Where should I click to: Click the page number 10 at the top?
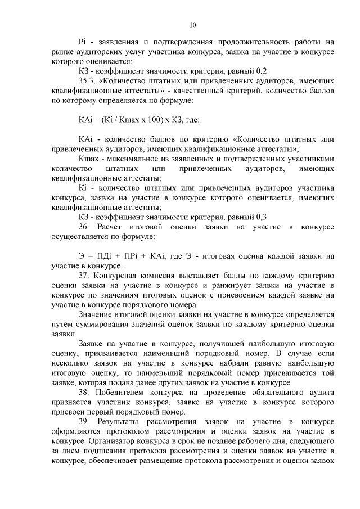193,25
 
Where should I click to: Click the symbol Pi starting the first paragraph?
82,42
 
